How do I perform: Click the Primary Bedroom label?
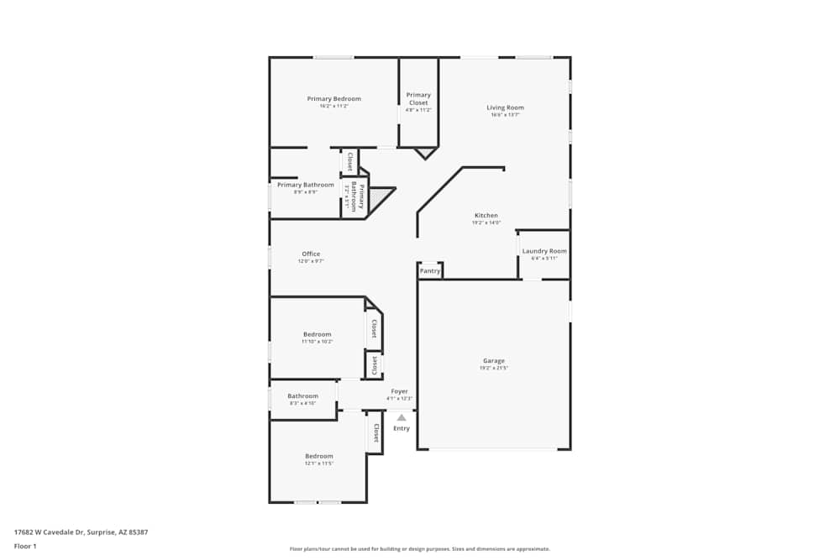[333, 99]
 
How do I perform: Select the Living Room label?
[505, 107]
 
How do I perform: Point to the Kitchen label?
[486, 216]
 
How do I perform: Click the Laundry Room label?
[544, 251]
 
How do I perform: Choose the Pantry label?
[430, 271]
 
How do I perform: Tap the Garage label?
[494, 361]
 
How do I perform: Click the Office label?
[311, 254]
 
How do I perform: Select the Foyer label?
[399, 391]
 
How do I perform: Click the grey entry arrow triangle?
[402, 417]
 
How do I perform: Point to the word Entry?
[402, 428]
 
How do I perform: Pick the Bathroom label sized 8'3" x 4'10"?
[302, 396]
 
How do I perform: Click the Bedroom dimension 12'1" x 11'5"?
[319, 463]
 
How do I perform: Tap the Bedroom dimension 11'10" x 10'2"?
[318, 342]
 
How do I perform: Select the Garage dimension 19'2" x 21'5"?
[494, 369]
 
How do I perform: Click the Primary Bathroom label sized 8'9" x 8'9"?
[305, 185]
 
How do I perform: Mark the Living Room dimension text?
[505, 115]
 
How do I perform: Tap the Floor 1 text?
[25, 546]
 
